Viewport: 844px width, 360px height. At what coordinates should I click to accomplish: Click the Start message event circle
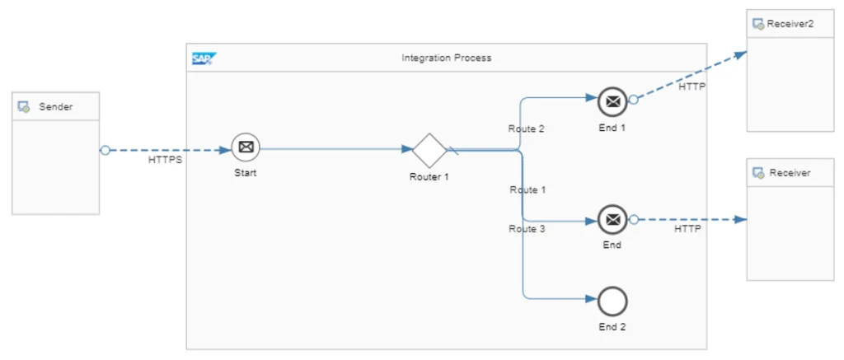pyautogui.click(x=245, y=148)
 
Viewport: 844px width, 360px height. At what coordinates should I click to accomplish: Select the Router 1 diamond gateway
pyautogui.click(x=429, y=150)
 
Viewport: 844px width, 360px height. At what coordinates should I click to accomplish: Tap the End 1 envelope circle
pyautogui.click(x=612, y=102)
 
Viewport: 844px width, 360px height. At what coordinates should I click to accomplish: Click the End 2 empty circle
pyautogui.click(x=612, y=302)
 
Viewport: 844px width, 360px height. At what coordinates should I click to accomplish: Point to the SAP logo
pyautogui.click(x=203, y=58)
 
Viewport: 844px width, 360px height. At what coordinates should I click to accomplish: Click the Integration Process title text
pyautogui.click(x=446, y=58)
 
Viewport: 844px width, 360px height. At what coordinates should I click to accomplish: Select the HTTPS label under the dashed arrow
pyautogui.click(x=165, y=161)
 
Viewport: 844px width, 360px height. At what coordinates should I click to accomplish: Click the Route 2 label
pyautogui.click(x=526, y=129)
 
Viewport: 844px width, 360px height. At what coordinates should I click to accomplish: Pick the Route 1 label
pyautogui.click(x=527, y=190)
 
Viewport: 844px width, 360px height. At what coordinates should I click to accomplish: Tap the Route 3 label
pyautogui.click(x=526, y=229)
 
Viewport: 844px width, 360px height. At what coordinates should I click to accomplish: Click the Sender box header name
pyautogui.click(x=56, y=107)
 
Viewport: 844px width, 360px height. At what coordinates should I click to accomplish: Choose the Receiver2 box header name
pyautogui.click(x=790, y=24)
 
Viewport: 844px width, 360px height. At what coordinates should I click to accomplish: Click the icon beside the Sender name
pyautogui.click(x=24, y=107)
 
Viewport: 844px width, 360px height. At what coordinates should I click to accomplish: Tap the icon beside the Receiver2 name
pyautogui.click(x=757, y=24)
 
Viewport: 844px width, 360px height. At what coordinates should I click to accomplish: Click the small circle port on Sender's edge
pyautogui.click(x=105, y=150)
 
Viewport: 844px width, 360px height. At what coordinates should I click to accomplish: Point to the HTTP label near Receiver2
pyautogui.click(x=692, y=86)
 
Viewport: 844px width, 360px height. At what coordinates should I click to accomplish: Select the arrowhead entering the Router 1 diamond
pyautogui.click(x=407, y=150)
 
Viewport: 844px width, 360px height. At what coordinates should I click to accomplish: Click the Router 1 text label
pyautogui.click(x=429, y=176)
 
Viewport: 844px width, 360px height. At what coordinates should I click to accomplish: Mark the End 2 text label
pyautogui.click(x=612, y=327)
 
